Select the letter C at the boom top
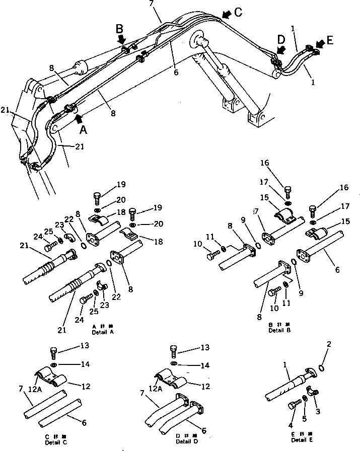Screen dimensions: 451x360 click(x=238, y=13)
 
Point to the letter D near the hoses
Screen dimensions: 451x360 click(x=281, y=39)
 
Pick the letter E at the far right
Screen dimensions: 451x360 click(x=329, y=40)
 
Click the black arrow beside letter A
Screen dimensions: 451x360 click(x=79, y=118)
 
